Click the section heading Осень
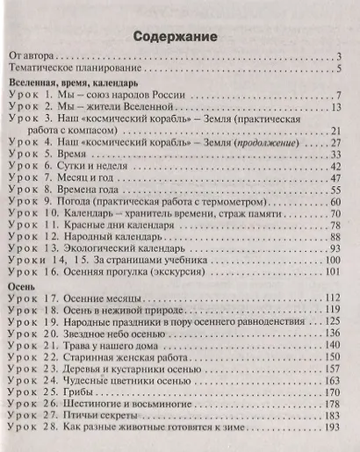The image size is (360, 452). (21, 287)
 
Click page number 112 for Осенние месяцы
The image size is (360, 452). (331, 298)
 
